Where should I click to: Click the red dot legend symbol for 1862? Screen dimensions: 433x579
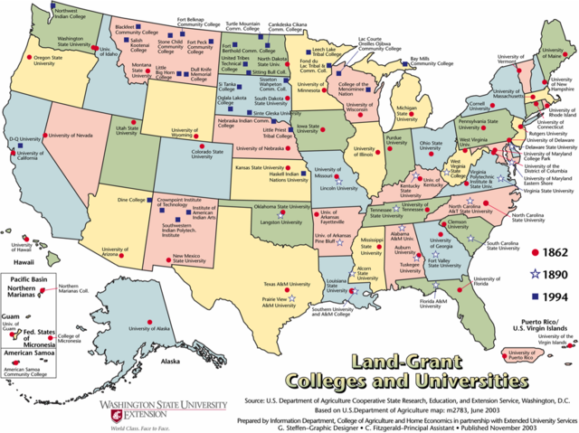[x=536, y=251]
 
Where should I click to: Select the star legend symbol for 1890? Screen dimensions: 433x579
[x=536, y=273]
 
